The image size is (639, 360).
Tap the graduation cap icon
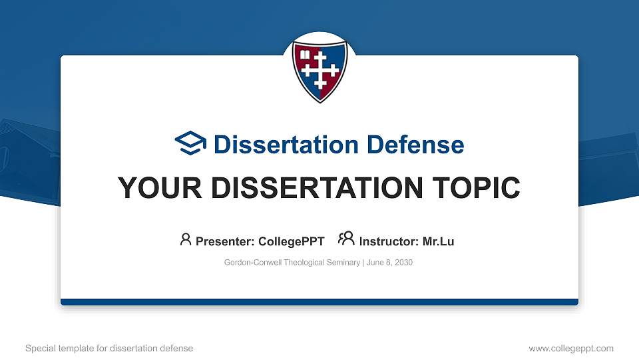point(191,143)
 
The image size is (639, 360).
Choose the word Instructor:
point(389,241)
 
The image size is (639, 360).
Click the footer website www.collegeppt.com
point(571,348)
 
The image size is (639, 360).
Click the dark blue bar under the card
point(319,302)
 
